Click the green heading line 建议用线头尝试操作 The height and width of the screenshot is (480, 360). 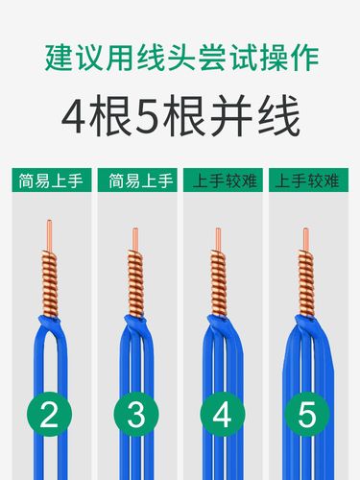coord(180,54)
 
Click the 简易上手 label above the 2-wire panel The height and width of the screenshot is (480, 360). coord(50,180)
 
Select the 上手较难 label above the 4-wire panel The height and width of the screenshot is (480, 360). coord(223,180)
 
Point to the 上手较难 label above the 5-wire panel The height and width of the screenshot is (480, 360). coord(309,180)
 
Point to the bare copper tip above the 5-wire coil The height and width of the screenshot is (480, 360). coord(307,238)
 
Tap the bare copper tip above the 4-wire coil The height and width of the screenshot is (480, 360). coord(222,237)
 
